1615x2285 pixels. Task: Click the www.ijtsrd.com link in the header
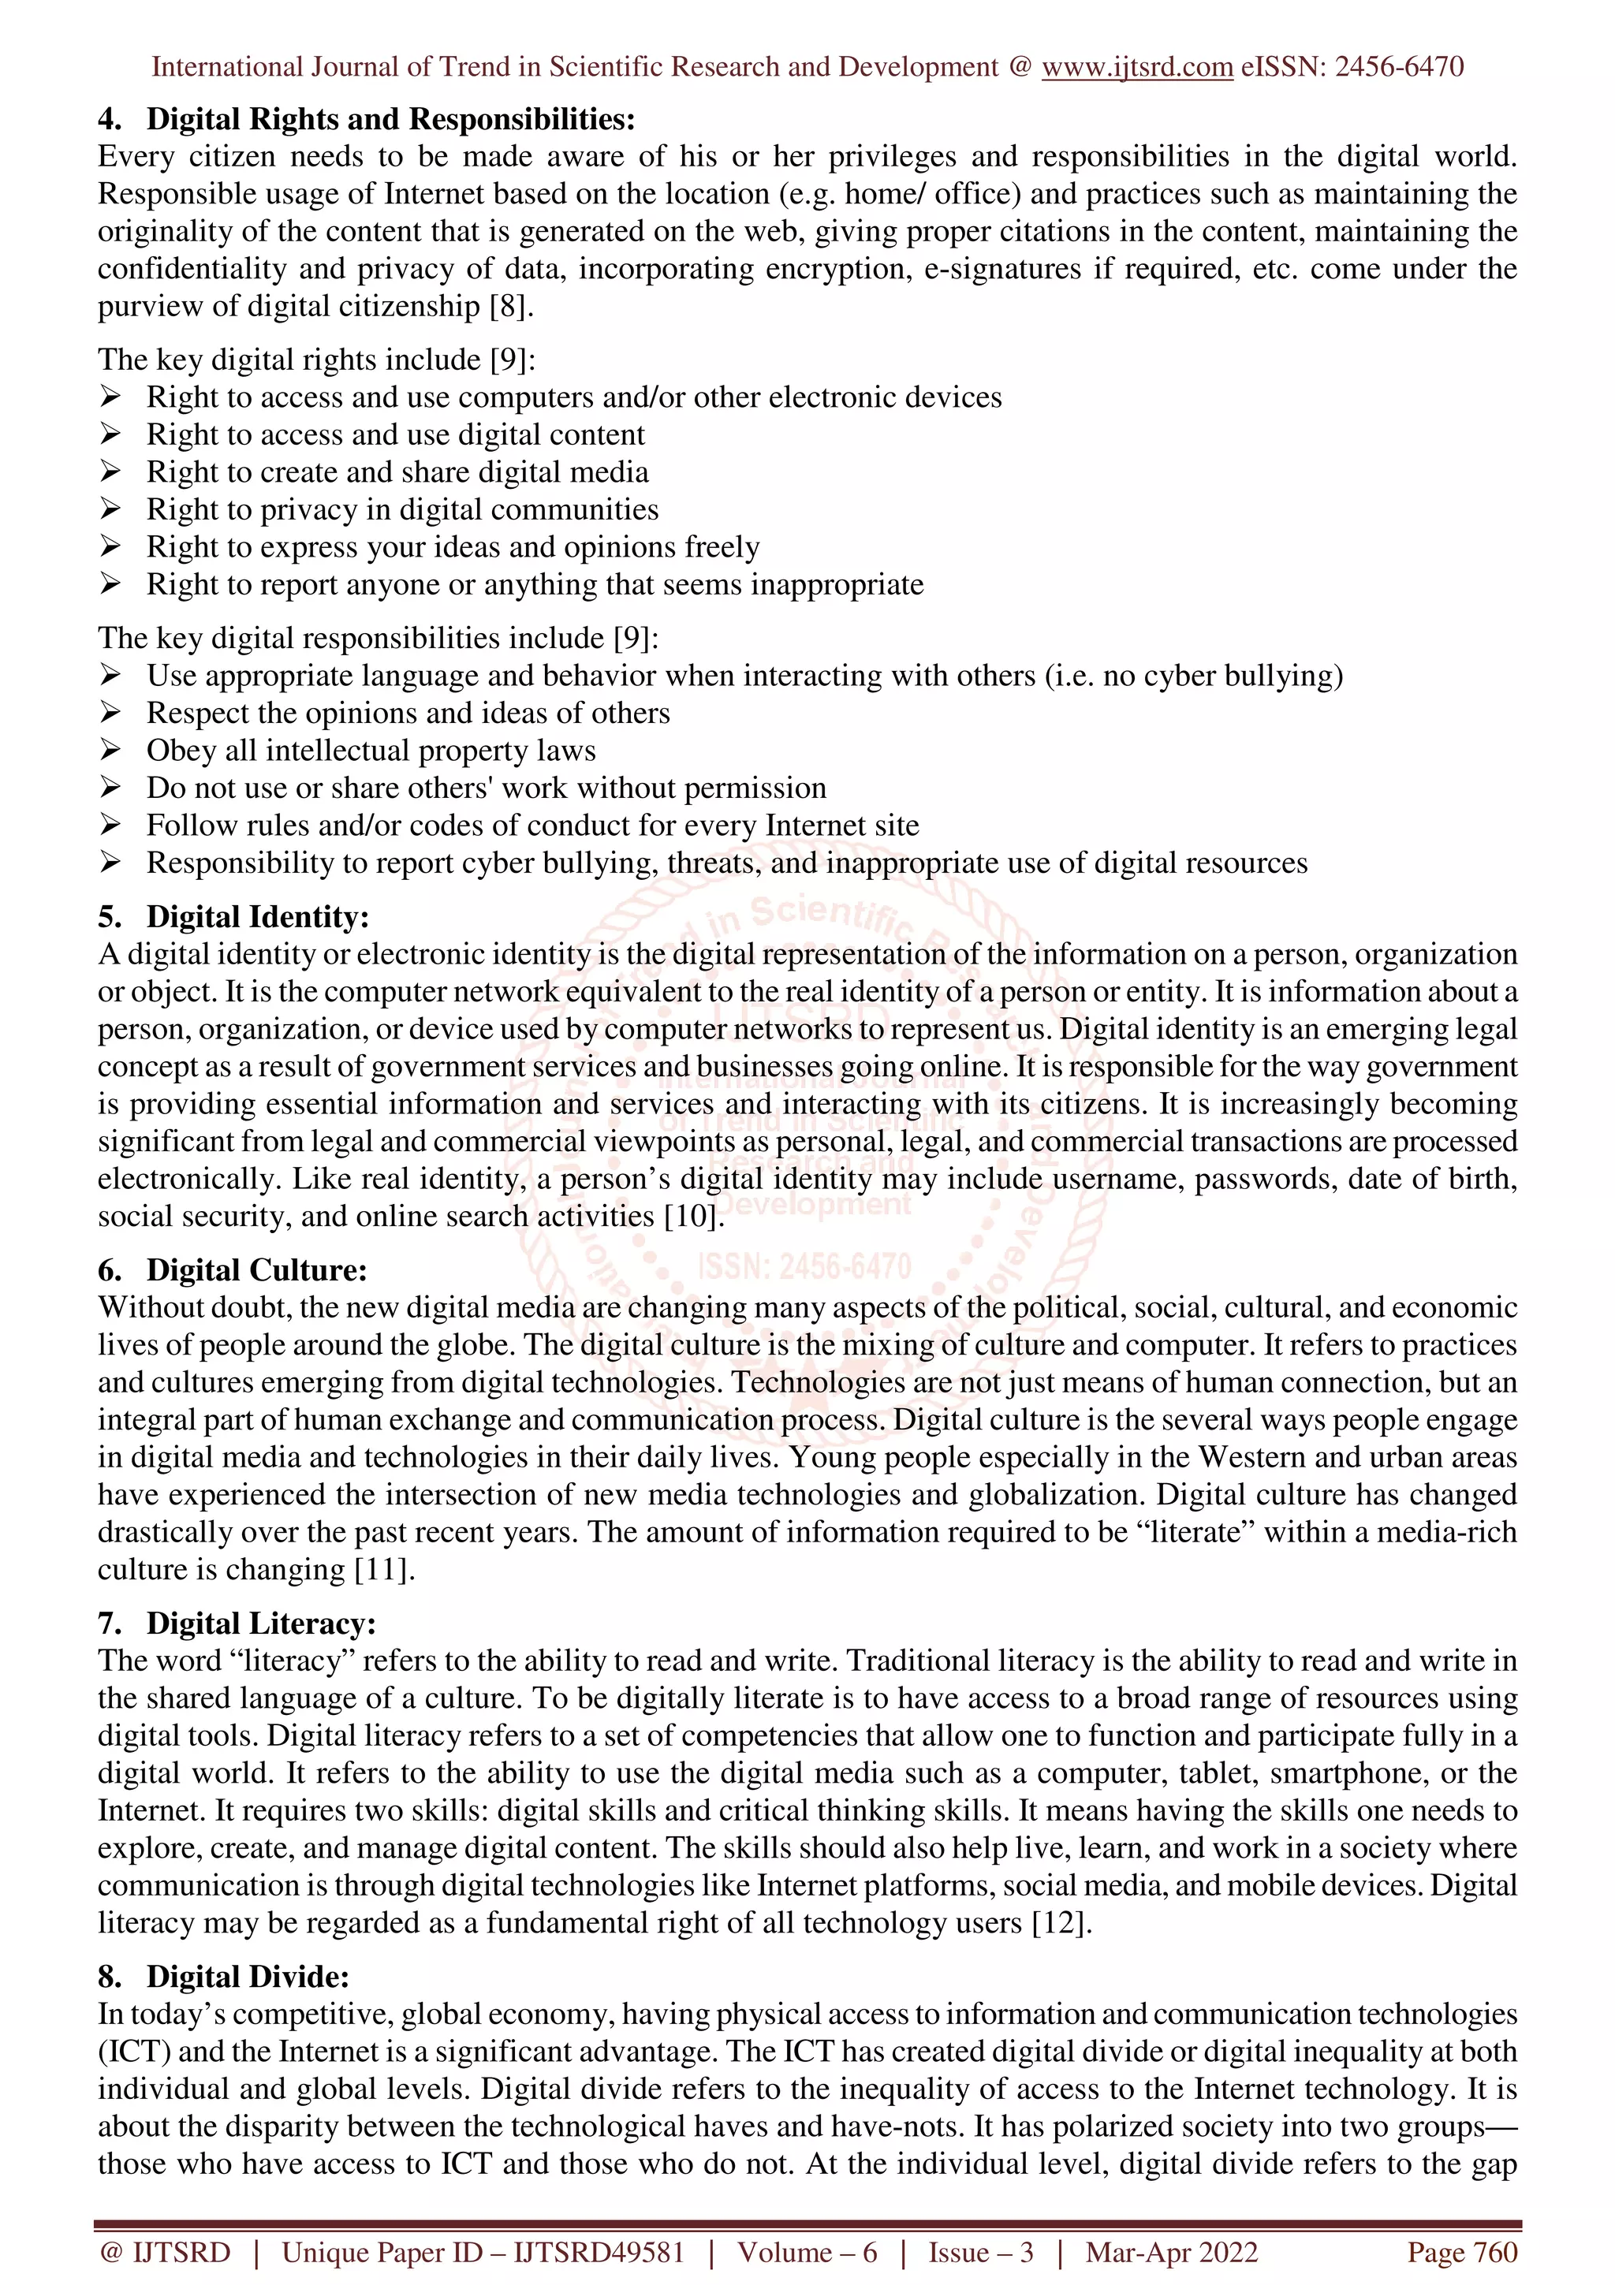point(1136,67)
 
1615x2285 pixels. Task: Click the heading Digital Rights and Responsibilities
point(390,119)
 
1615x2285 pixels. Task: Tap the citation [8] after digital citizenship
point(510,307)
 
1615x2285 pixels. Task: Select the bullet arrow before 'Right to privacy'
point(110,509)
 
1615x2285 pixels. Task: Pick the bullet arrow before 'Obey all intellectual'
point(110,751)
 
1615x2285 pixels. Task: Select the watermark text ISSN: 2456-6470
point(804,1266)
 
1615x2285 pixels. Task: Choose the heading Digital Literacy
point(261,1623)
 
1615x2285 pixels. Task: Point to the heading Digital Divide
point(248,1977)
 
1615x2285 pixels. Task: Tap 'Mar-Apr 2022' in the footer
point(1171,2252)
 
